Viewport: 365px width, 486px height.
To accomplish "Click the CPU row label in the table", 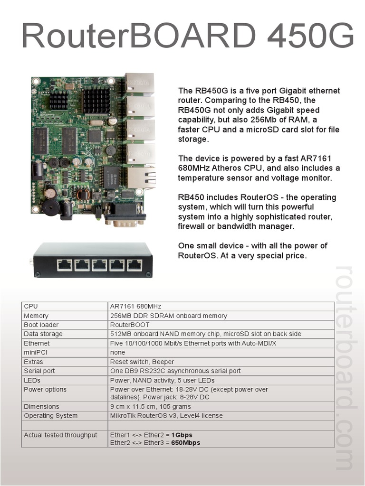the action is coord(30,307).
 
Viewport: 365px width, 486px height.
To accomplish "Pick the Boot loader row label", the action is coord(41,325).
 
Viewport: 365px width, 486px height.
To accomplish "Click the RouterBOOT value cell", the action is coord(129,325).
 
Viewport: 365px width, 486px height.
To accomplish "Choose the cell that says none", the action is coord(117,353).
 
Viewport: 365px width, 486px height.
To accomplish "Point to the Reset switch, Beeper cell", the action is coord(142,362).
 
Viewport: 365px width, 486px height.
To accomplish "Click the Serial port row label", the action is coord(39,371).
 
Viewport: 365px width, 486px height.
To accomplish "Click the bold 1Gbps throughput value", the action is coord(182,435).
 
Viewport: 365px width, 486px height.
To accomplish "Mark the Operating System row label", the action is coord(50,416).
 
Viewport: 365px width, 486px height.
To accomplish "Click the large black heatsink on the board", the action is coord(96,100).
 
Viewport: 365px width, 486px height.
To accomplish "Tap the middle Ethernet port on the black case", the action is coord(99,265).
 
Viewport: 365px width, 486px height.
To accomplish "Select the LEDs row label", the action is coord(32,380).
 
